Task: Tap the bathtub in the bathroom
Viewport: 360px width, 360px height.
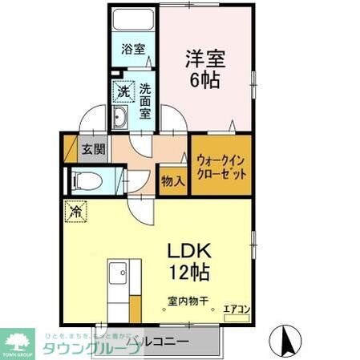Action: pyautogui.click(x=132, y=20)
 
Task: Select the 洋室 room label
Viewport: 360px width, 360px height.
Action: pyautogui.click(x=206, y=58)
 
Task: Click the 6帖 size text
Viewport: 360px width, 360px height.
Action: pyautogui.click(x=206, y=79)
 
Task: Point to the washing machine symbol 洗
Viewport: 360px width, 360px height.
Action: pyautogui.click(x=123, y=92)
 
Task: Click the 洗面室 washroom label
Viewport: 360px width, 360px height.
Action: pyautogui.click(x=145, y=101)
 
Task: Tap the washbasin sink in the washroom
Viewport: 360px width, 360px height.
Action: pyautogui.click(x=120, y=123)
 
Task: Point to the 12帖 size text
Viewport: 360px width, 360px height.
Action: pyautogui.click(x=189, y=273)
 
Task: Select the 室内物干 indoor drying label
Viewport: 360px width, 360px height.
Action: pyautogui.click(x=188, y=301)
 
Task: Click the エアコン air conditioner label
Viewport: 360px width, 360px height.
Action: pyautogui.click(x=236, y=308)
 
